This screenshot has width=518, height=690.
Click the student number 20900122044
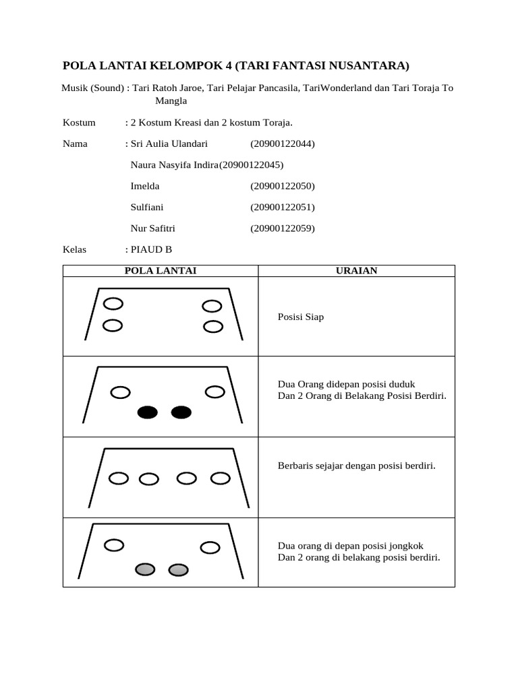(283, 144)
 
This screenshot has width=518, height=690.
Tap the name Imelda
(145, 186)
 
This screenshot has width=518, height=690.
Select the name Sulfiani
(147, 207)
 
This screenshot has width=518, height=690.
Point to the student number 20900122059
(283, 228)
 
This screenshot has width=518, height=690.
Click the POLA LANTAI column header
(161, 271)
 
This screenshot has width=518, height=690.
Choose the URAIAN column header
(357, 271)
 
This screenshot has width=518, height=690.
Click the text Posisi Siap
(301, 317)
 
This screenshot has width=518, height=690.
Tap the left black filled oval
(148, 413)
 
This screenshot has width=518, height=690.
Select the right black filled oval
(181, 413)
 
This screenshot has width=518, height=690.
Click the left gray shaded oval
(145, 570)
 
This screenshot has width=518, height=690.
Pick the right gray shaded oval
(178, 570)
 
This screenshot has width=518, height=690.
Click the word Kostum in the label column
(79, 123)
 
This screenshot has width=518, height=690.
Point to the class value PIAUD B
(151, 249)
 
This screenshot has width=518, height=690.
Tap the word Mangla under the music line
(171, 101)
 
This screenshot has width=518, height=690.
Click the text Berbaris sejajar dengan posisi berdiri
(357, 466)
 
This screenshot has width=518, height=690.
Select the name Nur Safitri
(152, 228)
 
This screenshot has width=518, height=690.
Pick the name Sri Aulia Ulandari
(169, 144)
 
